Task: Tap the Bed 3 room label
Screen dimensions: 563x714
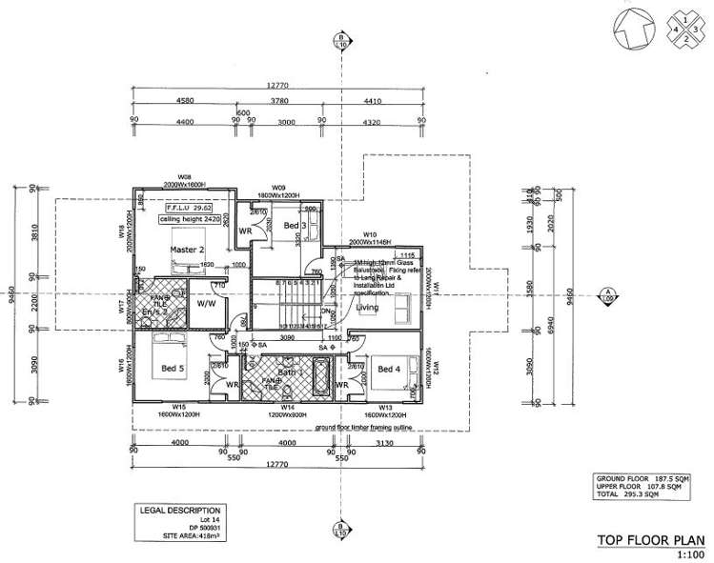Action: tap(294, 225)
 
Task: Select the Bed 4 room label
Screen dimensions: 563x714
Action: tap(389, 369)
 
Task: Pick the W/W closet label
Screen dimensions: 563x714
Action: tap(206, 304)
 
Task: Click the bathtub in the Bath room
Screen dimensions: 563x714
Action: tap(320, 378)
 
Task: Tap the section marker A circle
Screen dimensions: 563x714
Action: tap(606, 293)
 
